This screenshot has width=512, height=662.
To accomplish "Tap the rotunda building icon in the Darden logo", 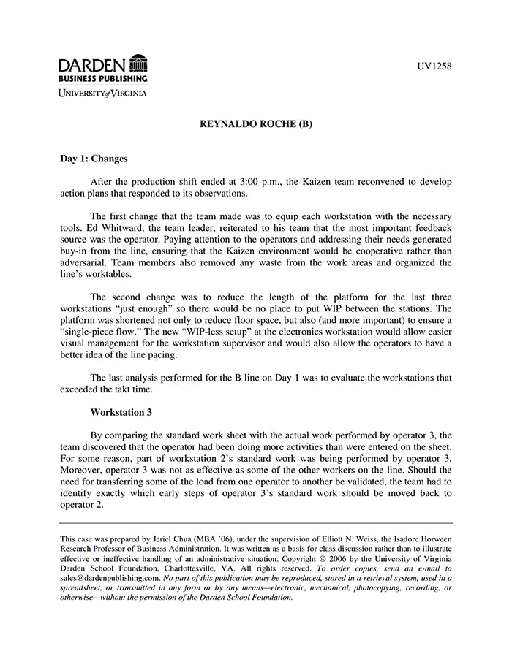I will click(x=138, y=64).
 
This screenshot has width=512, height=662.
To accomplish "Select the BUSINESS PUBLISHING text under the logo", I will click(x=103, y=78).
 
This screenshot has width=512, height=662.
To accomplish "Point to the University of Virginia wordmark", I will click(x=103, y=93).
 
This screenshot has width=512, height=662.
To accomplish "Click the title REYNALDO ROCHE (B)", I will click(x=256, y=124).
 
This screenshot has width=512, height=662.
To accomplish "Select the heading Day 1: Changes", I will click(x=94, y=158).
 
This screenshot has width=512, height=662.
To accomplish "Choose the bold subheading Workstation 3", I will click(x=121, y=412).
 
